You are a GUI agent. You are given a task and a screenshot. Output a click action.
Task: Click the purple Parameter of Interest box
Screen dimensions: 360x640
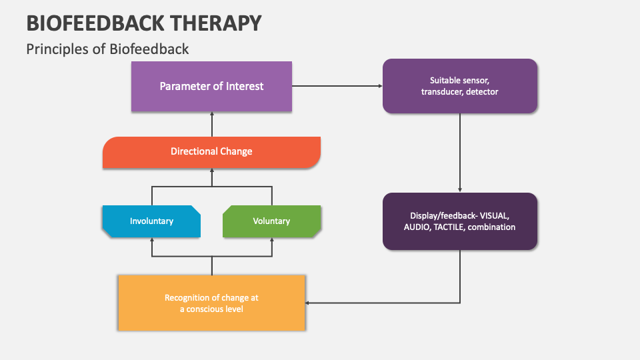211,86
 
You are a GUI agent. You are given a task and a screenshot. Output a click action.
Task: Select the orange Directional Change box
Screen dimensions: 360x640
211,151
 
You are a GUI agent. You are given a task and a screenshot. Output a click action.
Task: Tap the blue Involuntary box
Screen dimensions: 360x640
151,221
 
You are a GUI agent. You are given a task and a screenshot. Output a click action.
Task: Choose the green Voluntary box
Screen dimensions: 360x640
271,221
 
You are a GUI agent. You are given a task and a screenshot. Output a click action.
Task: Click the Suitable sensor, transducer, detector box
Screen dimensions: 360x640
459,86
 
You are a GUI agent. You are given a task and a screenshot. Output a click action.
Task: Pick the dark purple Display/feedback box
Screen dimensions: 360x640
459,221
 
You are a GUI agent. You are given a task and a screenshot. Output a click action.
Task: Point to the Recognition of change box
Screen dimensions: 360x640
211,303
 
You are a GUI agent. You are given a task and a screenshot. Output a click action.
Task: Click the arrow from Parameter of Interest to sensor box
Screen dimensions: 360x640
337,86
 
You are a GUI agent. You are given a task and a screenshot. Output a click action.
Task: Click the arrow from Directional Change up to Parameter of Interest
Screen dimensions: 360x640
211,123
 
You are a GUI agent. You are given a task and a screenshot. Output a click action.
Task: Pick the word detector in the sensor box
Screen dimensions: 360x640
483,92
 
